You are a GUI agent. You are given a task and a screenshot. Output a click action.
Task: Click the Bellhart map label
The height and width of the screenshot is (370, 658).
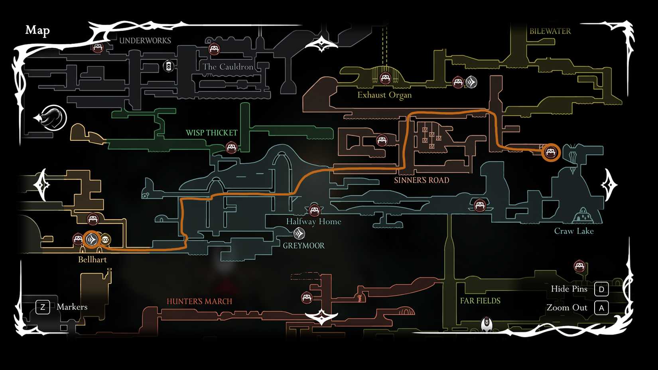(92, 260)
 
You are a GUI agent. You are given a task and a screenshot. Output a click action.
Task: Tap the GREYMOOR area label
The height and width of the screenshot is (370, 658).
(303, 246)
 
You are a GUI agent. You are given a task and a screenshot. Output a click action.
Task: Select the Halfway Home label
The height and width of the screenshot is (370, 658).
(313, 222)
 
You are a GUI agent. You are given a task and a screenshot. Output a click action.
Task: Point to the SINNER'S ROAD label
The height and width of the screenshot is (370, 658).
(422, 180)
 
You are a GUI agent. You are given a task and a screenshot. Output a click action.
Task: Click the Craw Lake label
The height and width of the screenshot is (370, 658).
(574, 231)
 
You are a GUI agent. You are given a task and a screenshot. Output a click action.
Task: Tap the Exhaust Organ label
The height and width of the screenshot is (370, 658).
(384, 95)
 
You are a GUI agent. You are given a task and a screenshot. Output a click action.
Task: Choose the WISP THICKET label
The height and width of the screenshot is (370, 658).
(211, 133)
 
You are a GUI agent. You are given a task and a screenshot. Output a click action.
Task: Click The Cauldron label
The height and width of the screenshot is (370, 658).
(228, 67)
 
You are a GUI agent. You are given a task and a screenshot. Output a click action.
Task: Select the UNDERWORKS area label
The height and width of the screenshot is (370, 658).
(145, 41)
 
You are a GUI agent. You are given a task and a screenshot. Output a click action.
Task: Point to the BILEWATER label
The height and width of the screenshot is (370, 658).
(550, 31)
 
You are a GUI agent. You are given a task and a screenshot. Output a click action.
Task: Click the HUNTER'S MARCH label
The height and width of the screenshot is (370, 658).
(199, 301)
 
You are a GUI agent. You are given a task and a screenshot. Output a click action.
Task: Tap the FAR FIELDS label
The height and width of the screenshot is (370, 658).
(480, 301)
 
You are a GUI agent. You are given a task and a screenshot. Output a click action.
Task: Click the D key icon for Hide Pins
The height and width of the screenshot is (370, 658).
(601, 289)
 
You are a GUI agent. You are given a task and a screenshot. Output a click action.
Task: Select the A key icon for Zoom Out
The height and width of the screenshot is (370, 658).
(601, 308)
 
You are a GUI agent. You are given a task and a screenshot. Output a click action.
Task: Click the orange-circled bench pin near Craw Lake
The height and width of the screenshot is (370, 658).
(551, 152)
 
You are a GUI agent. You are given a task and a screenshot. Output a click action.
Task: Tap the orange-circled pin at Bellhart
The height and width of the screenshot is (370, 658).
(91, 239)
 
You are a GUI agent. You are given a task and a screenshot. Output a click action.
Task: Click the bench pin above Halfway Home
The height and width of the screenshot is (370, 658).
(314, 210)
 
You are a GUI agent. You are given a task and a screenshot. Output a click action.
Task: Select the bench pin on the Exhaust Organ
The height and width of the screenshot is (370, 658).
(385, 78)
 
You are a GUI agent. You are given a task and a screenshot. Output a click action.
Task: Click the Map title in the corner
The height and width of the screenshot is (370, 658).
(37, 30)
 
